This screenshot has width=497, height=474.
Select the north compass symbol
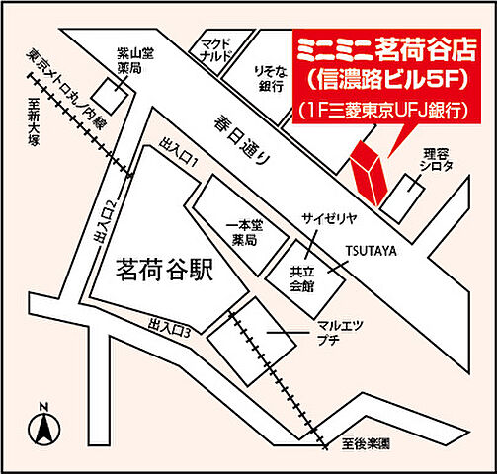tap(42, 426)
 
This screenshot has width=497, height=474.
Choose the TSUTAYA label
tap(371, 252)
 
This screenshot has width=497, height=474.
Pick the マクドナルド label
tap(214, 50)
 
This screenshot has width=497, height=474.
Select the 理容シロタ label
tap(435, 161)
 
